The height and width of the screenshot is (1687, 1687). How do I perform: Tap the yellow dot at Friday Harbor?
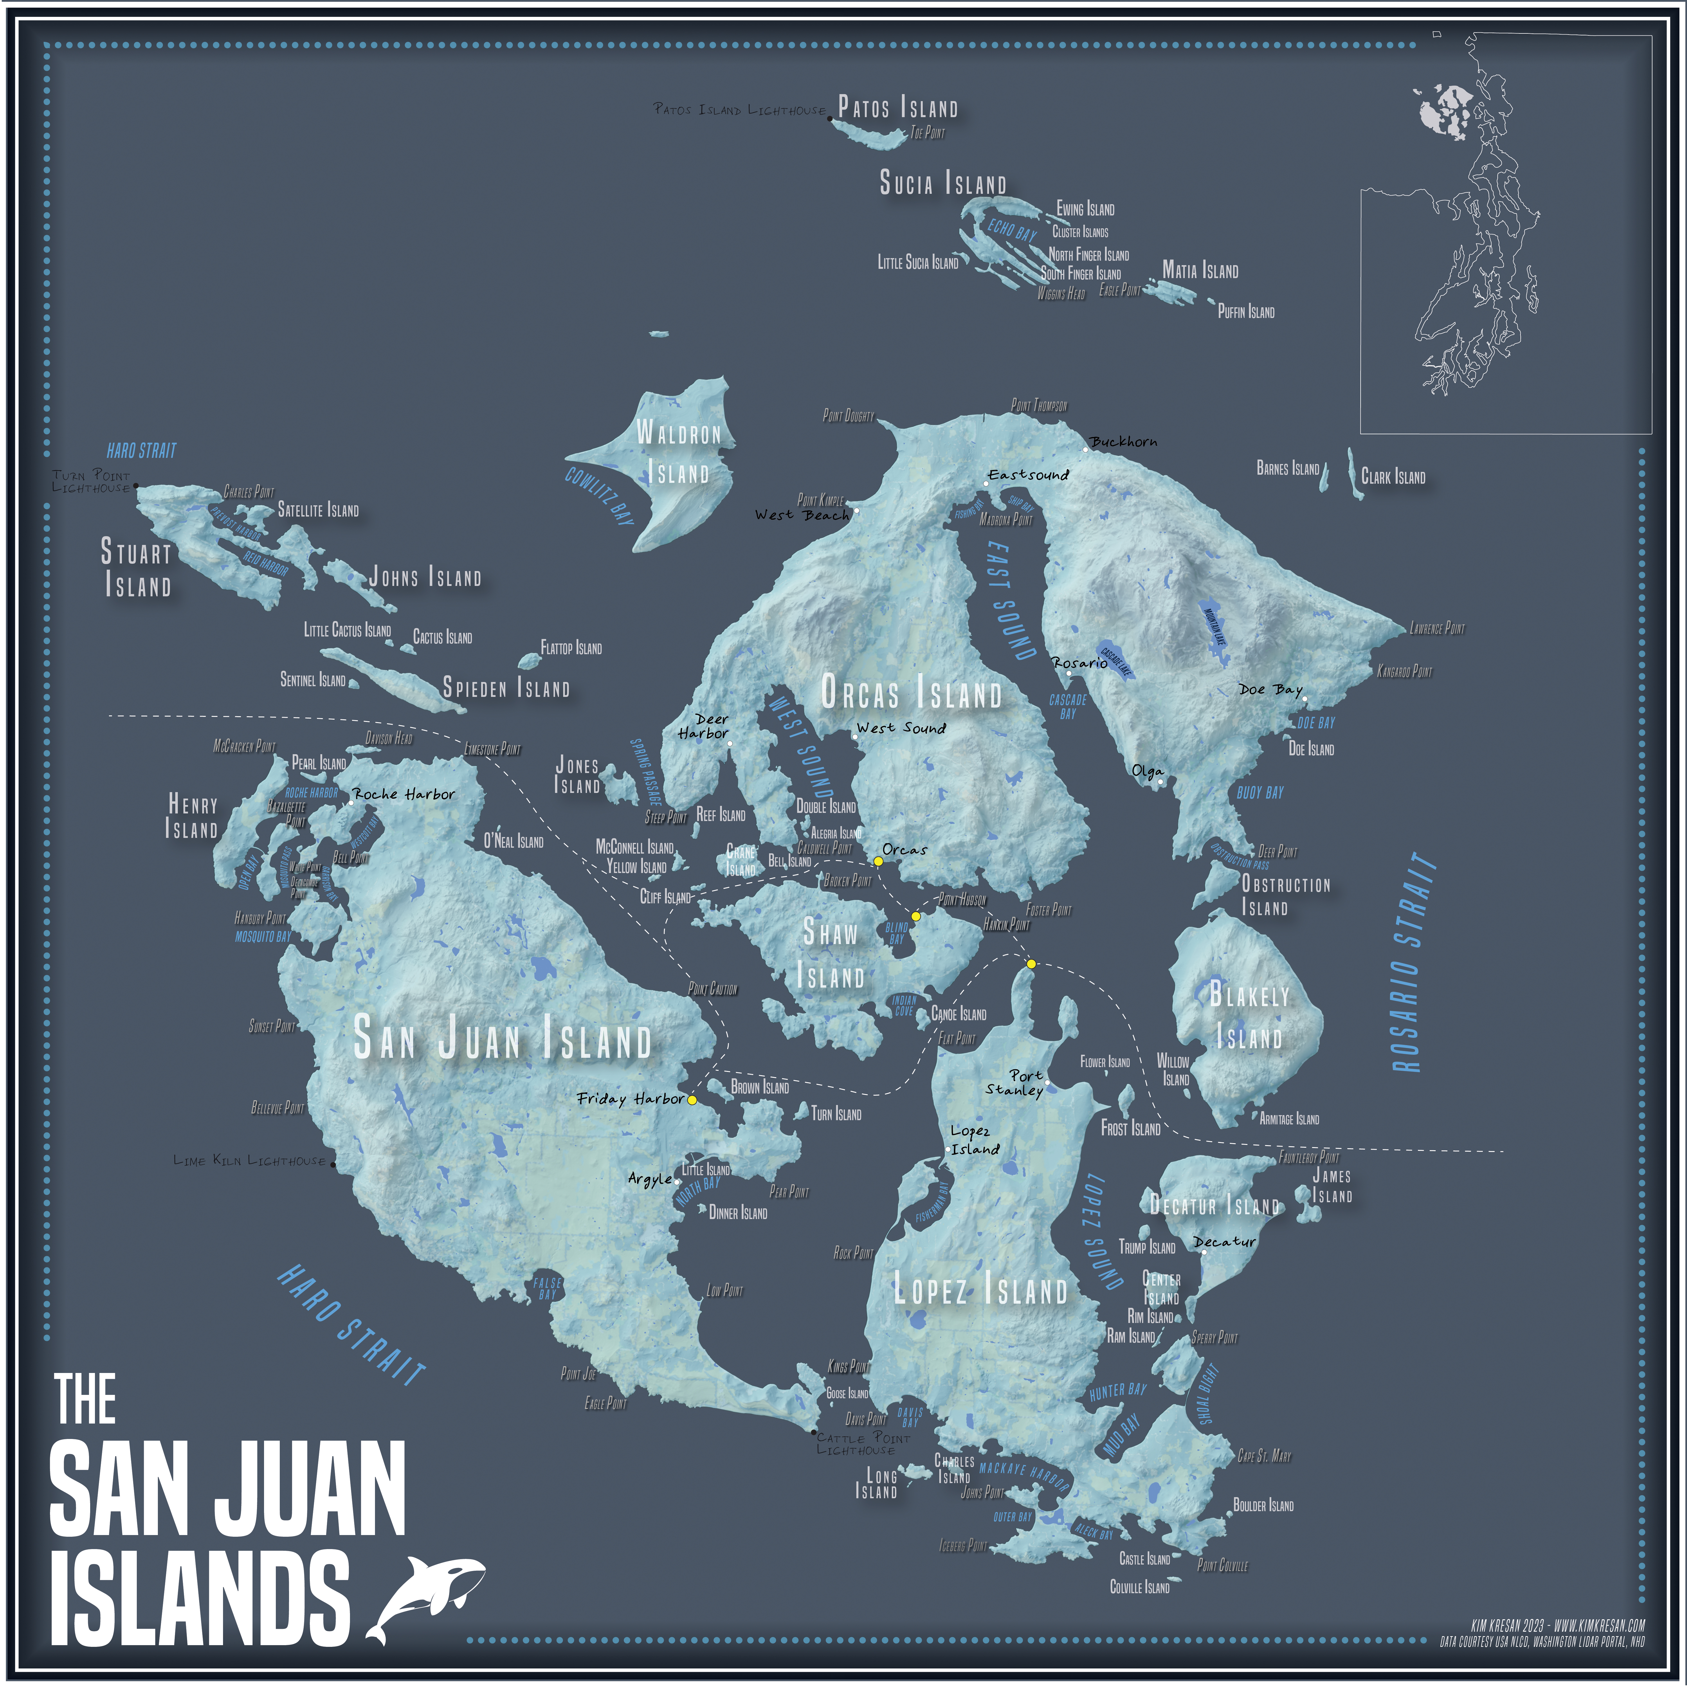(692, 1100)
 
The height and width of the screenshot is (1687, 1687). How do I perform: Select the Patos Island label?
(898, 108)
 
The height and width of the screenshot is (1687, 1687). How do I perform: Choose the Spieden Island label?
(506, 688)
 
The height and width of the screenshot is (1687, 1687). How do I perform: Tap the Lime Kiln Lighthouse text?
(250, 1161)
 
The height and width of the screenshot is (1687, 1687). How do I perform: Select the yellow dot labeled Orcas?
(878, 861)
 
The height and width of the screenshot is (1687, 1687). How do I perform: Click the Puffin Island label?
(1246, 312)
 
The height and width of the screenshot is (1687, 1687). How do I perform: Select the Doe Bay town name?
(1270, 690)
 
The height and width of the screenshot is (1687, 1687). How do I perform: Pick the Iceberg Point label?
(963, 1545)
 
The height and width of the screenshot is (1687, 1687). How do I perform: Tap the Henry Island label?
(192, 816)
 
